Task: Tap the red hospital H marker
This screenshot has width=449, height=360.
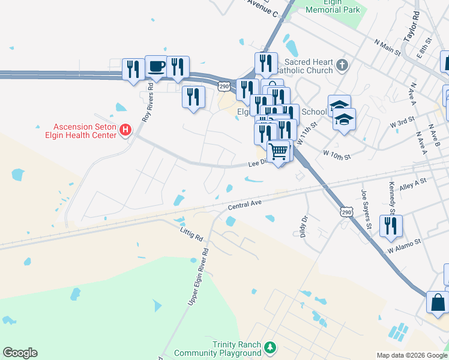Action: (125, 130)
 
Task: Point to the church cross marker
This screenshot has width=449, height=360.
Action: (342, 65)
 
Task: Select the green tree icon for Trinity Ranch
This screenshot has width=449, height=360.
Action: (271, 347)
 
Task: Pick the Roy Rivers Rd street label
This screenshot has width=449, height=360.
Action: (148, 103)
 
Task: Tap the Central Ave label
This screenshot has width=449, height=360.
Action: (245, 205)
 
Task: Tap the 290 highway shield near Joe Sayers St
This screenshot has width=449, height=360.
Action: (346, 212)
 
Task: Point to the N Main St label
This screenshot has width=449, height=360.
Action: (387, 47)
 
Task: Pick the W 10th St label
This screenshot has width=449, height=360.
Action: (336, 154)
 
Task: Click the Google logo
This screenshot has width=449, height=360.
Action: (20, 353)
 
